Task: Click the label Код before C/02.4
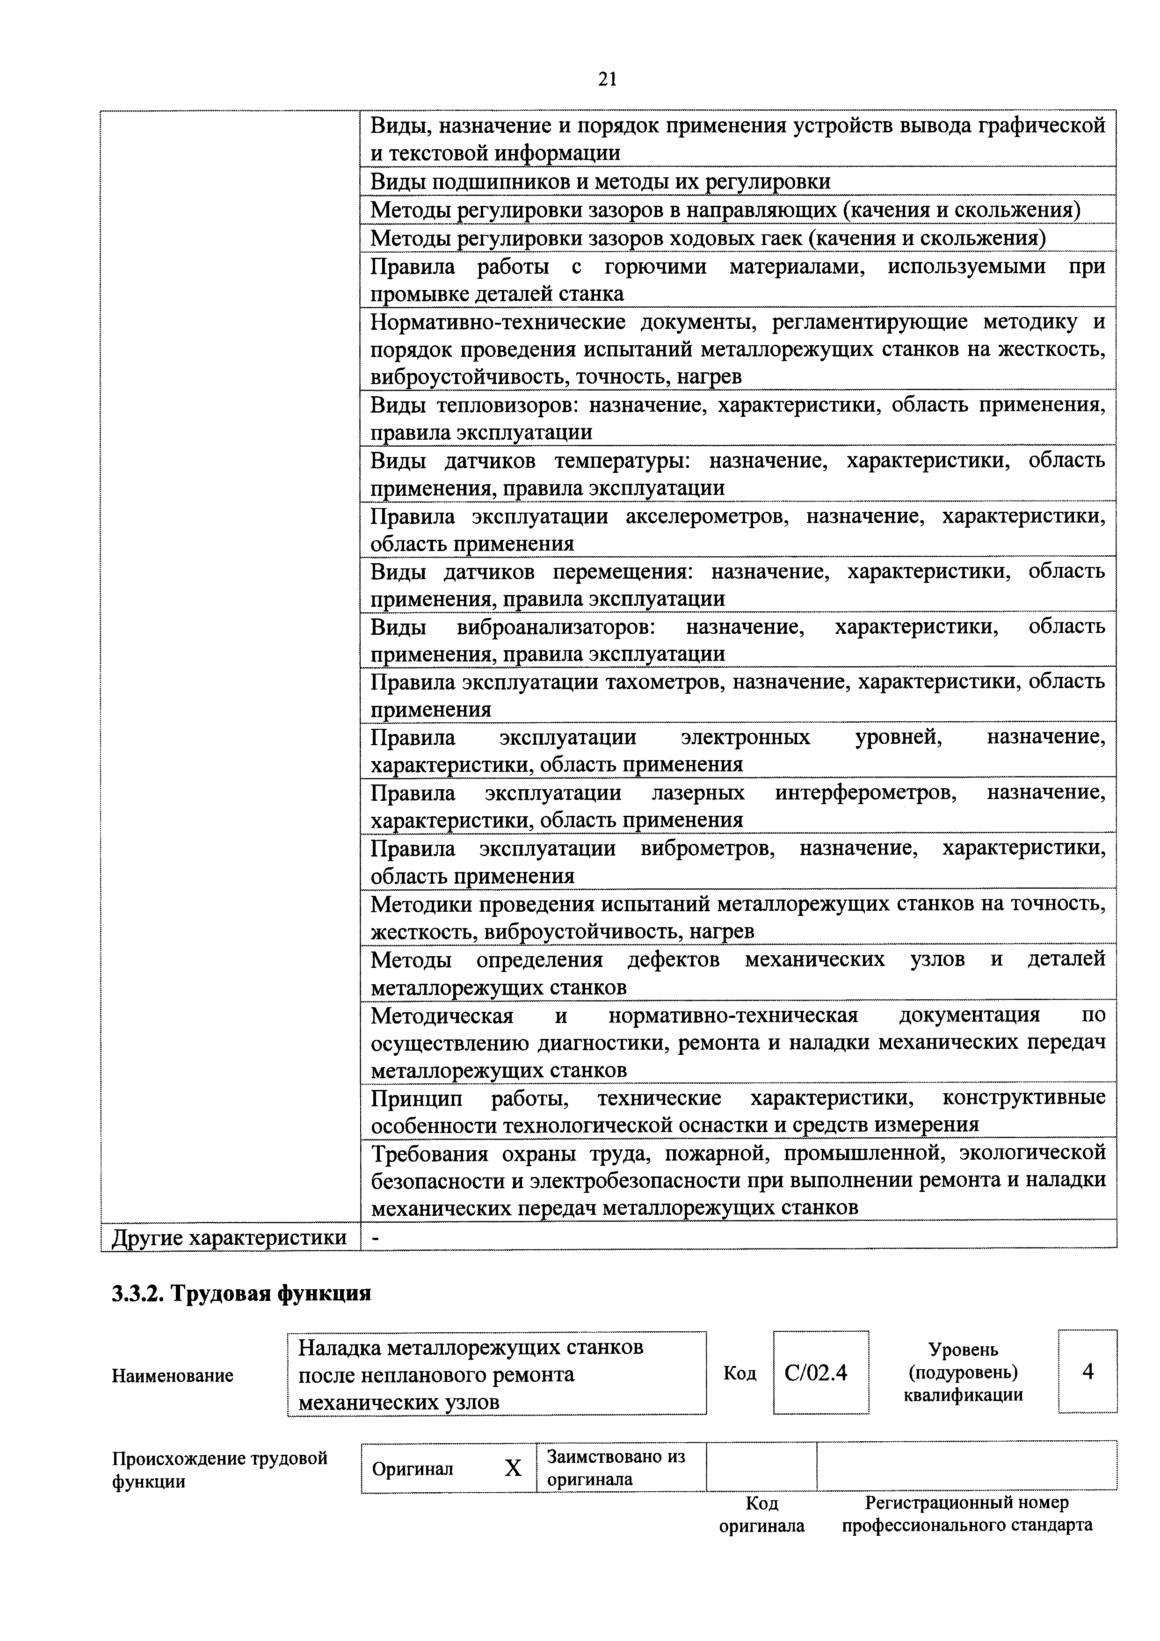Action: tap(740, 1373)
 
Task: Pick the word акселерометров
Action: tap(707, 516)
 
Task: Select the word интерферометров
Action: tap(865, 792)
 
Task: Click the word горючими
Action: tap(655, 267)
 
